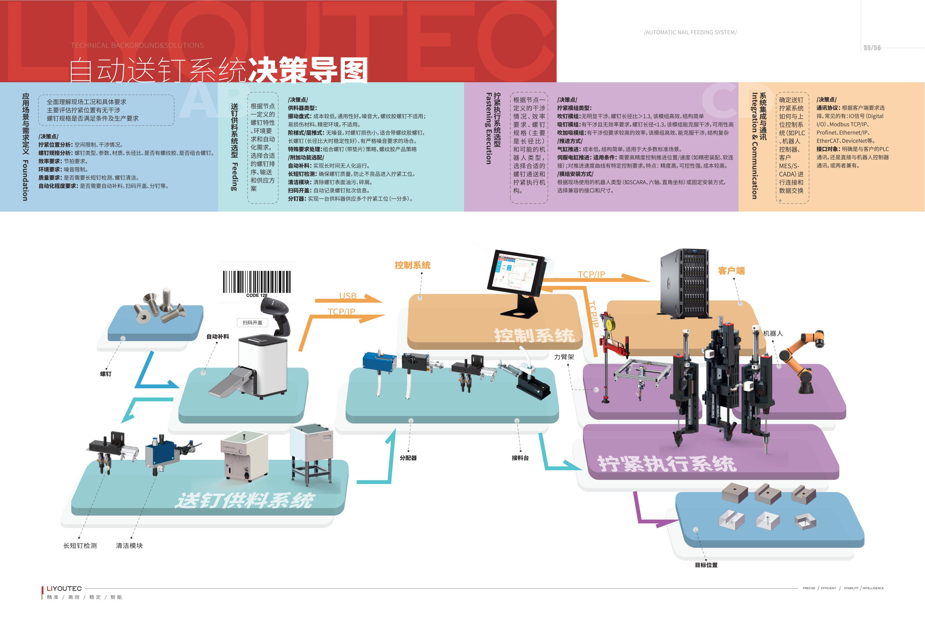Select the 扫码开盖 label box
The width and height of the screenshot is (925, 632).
coord(252,322)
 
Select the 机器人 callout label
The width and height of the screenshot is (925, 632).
coord(773,333)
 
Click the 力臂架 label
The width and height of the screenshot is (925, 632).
coord(564,357)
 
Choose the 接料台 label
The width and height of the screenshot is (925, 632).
coord(520,458)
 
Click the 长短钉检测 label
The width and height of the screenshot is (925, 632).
coord(80,546)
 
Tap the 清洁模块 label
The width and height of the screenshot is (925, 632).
coord(129,546)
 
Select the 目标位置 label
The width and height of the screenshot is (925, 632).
coord(706,565)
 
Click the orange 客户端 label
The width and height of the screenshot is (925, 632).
coord(731,271)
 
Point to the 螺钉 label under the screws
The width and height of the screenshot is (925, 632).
coord(106,374)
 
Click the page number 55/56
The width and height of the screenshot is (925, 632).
coord(872,48)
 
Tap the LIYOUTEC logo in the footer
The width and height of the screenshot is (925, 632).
coord(64,589)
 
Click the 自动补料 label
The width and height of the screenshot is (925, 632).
coord(218,337)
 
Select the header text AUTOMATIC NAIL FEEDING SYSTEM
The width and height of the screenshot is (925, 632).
coord(690,32)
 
